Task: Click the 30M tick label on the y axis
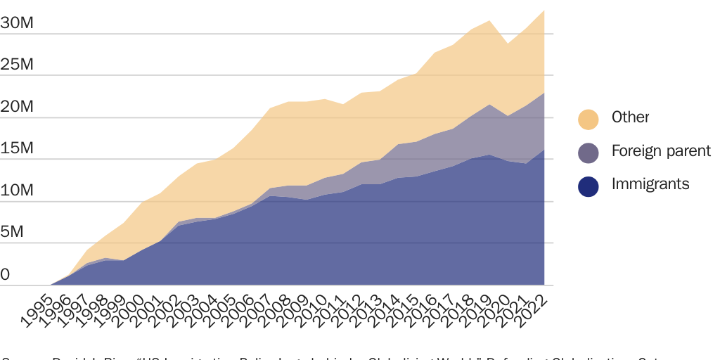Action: [x=17, y=22]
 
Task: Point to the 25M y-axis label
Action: [x=17, y=65]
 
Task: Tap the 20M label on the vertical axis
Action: [x=17, y=107]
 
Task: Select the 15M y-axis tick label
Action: [x=17, y=149]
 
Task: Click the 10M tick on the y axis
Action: [x=17, y=191]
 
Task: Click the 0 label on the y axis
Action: [x=6, y=275]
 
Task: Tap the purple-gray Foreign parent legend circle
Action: [x=589, y=152]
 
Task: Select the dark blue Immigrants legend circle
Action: [x=589, y=186]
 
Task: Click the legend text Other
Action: [x=630, y=117]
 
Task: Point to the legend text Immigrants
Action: [x=650, y=184]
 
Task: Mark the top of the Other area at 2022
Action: [x=544, y=11]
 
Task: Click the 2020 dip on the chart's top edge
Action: [x=508, y=44]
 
